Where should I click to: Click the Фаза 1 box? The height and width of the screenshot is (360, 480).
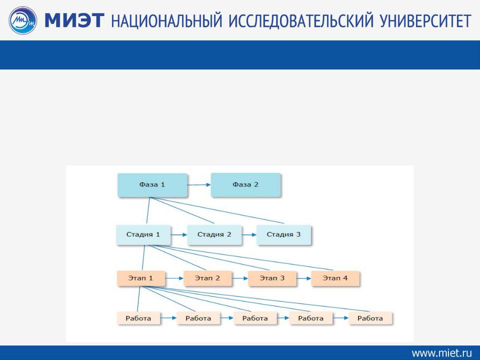(x=152, y=185)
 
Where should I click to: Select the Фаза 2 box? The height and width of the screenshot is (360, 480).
(x=246, y=185)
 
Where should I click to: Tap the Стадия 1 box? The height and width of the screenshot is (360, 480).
(x=143, y=235)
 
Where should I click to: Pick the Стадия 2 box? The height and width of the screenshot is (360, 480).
(x=214, y=235)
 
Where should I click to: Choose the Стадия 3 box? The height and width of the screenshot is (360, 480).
(x=284, y=235)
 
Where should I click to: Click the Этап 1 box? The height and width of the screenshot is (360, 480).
(x=141, y=278)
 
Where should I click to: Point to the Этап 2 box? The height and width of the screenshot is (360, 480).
(x=207, y=278)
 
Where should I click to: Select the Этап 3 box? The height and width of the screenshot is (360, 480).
(x=272, y=278)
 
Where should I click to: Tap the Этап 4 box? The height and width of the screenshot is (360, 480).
(x=335, y=278)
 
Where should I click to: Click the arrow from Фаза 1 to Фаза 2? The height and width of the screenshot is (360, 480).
(x=199, y=185)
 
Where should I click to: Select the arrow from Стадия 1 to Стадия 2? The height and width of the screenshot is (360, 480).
(x=179, y=235)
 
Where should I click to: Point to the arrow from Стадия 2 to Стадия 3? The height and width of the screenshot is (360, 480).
(x=249, y=235)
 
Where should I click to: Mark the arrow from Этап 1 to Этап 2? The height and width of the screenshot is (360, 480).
(x=174, y=278)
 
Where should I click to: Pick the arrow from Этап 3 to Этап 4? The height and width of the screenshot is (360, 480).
(x=303, y=278)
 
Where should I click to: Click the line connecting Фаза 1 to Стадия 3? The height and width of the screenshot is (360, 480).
(x=217, y=210)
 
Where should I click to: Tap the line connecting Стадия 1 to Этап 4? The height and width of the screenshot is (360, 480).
(x=241, y=257)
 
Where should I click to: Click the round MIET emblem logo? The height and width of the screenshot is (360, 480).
(x=22, y=20)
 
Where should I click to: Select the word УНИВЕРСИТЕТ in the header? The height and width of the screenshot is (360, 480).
(x=425, y=21)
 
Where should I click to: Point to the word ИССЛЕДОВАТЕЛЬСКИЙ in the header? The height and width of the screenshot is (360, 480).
(x=301, y=21)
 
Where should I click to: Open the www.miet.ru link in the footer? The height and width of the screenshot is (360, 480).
(x=441, y=353)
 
